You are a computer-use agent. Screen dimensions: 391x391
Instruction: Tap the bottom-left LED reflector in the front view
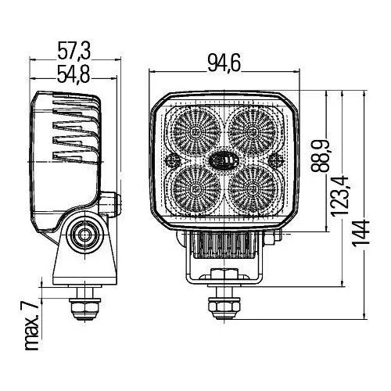tap(194, 188)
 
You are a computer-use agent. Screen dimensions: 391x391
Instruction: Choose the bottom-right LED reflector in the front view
tap(251, 188)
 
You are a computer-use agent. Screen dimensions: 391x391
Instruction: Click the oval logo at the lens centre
tap(223, 159)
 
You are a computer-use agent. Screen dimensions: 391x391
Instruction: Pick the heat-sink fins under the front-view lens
tap(223, 249)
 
